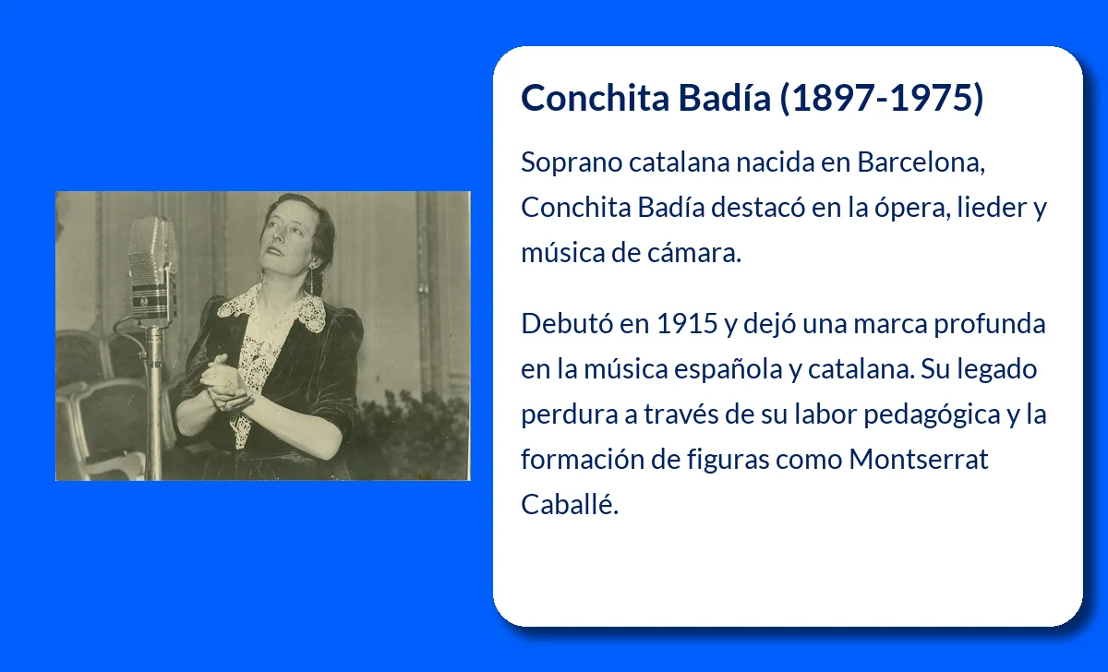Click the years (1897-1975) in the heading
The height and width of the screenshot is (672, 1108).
click(882, 98)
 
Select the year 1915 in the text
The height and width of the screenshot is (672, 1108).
click(687, 323)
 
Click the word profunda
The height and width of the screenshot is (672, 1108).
click(989, 324)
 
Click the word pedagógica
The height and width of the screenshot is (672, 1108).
click(932, 414)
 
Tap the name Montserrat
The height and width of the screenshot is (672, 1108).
click(919, 460)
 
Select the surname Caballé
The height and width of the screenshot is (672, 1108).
click(570, 504)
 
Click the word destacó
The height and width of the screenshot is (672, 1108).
click(758, 207)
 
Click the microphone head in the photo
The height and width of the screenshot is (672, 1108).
click(153, 267)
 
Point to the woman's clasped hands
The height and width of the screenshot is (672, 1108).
click(223, 383)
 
